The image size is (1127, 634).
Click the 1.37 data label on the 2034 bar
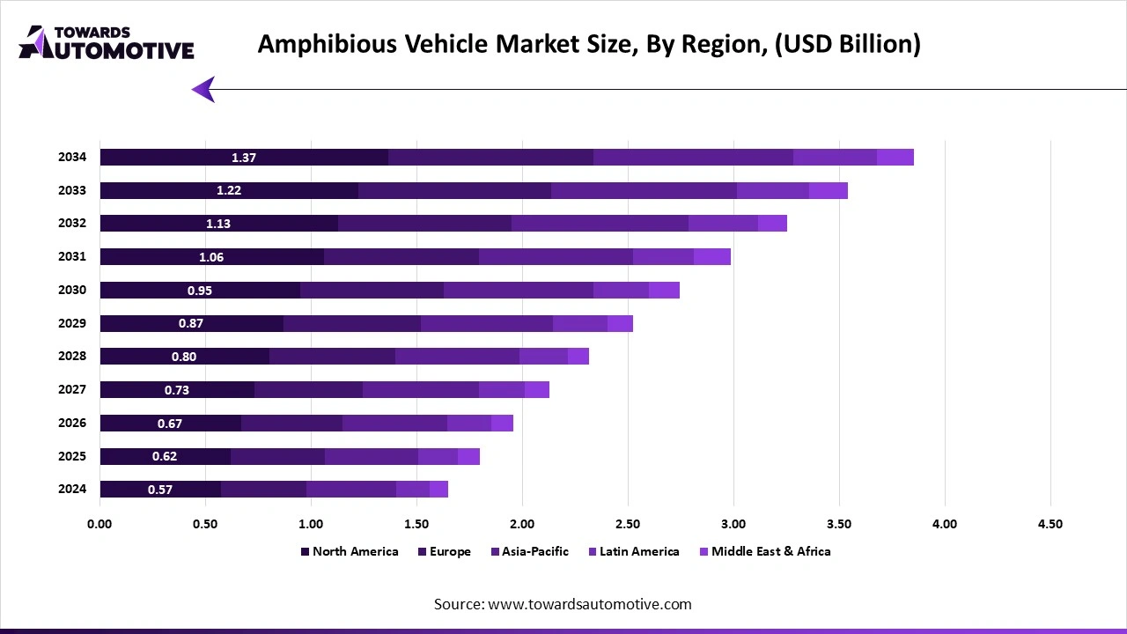(244, 158)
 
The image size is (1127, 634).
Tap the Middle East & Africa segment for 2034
(895, 158)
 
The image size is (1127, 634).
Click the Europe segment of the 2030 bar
(372, 291)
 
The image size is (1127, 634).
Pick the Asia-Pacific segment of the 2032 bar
(600, 224)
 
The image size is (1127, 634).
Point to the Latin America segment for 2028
(543, 357)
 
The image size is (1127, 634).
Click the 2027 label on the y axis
(72, 389)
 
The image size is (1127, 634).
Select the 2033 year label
(72, 190)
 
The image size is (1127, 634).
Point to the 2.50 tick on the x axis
(628, 524)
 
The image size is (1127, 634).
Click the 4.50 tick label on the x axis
(1050, 524)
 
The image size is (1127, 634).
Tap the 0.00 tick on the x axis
(99, 524)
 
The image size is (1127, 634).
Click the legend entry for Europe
(450, 551)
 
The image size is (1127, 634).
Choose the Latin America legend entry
(639, 551)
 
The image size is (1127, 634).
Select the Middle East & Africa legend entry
(770, 551)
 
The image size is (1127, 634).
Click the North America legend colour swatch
(305, 552)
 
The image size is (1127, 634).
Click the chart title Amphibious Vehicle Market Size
(589, 44)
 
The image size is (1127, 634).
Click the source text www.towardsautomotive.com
(563, 604)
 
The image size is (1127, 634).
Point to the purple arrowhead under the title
(203, 89)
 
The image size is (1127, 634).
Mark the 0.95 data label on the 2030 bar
(200, 291)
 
